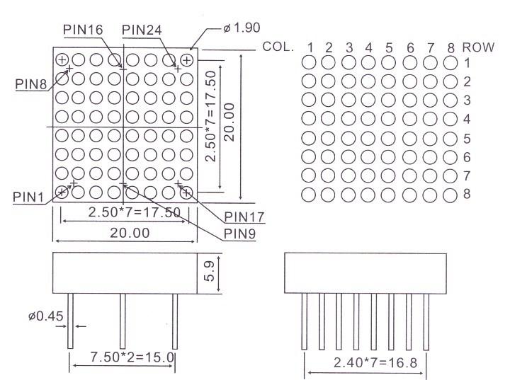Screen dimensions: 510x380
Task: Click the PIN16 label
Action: (83, 30)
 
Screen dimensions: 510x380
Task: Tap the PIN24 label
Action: (142, 30)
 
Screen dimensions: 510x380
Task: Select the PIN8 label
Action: (31, 84)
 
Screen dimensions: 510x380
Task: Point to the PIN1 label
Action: (28, 197)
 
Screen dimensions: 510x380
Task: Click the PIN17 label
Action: (244, 217)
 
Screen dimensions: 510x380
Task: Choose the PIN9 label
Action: (239, 234)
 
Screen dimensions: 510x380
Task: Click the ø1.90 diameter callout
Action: (242, 28)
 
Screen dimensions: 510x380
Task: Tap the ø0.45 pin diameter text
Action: (46, 316)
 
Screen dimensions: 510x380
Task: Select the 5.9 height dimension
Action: (210, 271)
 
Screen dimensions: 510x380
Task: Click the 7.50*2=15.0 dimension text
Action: (132, 357)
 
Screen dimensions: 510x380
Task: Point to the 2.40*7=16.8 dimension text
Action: (375, 363)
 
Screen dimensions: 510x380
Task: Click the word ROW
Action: (478, 47)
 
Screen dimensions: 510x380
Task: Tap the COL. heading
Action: (278, 47)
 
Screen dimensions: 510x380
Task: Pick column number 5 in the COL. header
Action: (389, 48)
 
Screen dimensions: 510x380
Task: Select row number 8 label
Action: (467, 194)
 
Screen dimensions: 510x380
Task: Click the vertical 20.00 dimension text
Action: (229, 122)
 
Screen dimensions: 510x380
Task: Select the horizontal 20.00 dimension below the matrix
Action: (130, 233)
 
